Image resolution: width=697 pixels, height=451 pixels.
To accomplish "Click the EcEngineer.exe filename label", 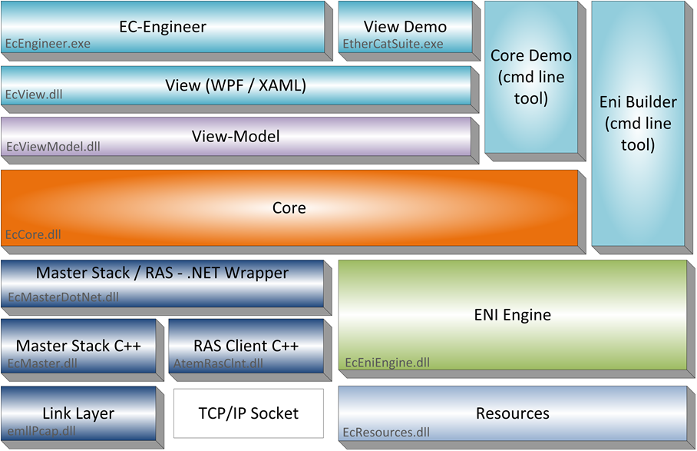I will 48,44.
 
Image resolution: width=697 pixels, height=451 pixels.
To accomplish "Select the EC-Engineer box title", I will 163,27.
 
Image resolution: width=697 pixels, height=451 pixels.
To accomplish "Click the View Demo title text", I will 405,27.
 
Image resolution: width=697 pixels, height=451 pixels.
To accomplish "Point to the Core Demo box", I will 530,77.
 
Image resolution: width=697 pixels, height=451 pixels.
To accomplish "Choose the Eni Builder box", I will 639,123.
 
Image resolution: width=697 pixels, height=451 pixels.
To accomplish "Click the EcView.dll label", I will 35,95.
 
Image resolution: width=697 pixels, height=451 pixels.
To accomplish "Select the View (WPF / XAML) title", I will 236,85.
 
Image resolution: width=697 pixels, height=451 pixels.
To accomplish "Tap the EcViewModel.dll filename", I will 53,146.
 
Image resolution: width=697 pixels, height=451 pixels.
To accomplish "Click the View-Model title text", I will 236,137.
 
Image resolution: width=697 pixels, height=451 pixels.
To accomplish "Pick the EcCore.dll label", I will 35,234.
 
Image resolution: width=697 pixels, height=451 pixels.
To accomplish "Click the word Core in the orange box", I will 289,207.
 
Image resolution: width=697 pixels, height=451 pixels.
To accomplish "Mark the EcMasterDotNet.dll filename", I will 63,297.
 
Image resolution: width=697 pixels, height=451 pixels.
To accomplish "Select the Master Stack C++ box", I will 78,346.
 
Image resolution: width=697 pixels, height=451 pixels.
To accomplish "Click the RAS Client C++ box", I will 246,346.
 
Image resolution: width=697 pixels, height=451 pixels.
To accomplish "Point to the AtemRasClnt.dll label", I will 218,363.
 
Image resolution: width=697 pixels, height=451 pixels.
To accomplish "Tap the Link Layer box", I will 78,413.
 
